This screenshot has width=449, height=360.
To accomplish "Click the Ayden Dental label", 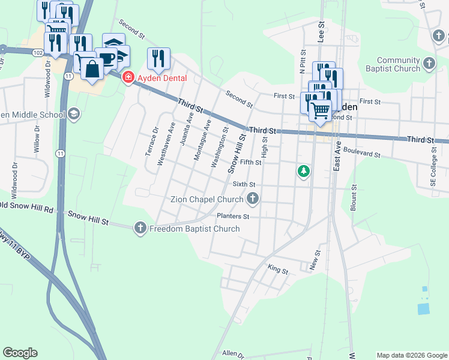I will [x=162, y=78].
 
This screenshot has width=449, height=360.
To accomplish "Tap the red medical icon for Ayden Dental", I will [x=128, y=78].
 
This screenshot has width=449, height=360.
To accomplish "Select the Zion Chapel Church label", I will [x=206, y=199].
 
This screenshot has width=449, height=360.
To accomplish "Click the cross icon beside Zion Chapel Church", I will [x=253, y=198].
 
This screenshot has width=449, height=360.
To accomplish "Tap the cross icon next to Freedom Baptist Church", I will [x=140, y=227].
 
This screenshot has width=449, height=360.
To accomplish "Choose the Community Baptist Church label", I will [x=398, y=64].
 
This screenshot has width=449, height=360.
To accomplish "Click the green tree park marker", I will [x=304, y=172].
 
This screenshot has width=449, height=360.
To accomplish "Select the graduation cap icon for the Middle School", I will [x=74, y=114].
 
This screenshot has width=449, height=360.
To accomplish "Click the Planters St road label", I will [x=233, y=216].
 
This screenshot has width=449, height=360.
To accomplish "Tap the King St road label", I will [x=278, y=271].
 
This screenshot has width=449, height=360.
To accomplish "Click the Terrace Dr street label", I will [x=151, y=142].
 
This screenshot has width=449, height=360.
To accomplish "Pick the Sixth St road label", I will [x=244, y=185].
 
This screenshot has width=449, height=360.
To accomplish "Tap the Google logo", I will [x=20, y=353].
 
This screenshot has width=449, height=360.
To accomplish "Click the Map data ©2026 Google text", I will [x=411, y=355].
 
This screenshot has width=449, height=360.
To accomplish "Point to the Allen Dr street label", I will [x=234, y=355].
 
